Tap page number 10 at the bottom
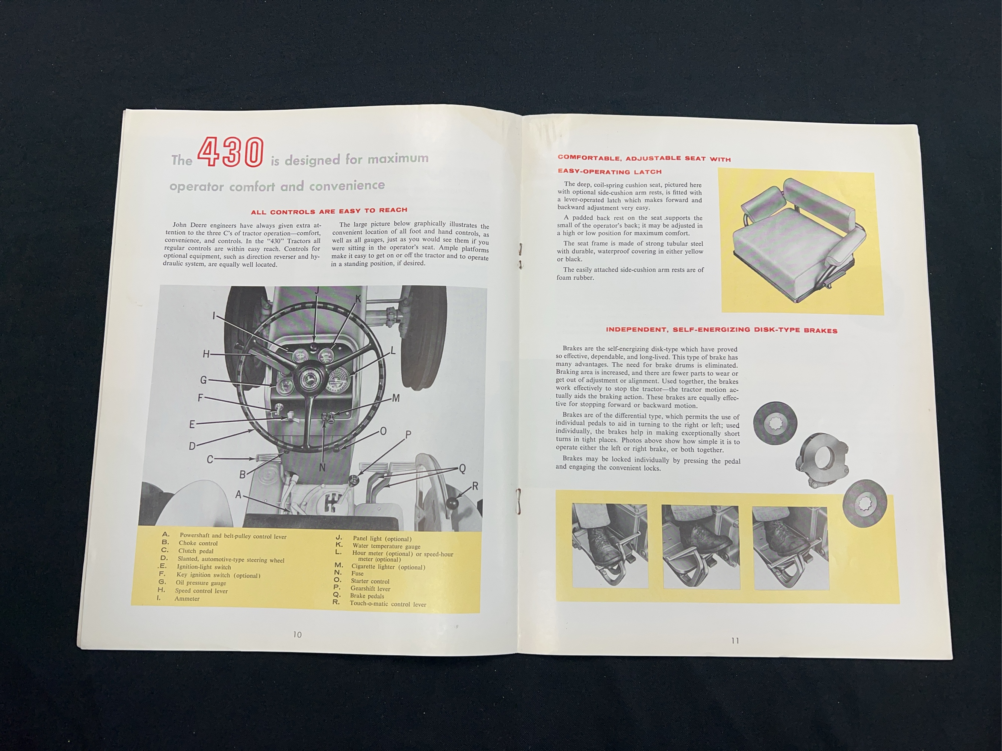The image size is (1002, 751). coord(297,635)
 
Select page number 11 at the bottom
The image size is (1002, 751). coord(735,641)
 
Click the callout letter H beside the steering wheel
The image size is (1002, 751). coord(206,354)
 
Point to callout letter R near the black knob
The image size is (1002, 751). coord(475,486)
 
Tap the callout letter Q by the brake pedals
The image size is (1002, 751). coord(462,469)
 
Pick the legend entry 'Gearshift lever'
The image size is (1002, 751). coord(370,588)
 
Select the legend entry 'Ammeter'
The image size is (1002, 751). coord(187,599)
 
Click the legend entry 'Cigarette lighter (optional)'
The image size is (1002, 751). coord(388,566)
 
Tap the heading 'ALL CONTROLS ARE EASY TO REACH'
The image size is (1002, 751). coord(329,211)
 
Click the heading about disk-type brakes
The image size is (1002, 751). coord(722,330)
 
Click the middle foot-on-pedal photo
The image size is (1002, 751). coord(701,547)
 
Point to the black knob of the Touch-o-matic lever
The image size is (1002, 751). coord(452,503)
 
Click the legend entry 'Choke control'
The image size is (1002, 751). coord(198,543)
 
